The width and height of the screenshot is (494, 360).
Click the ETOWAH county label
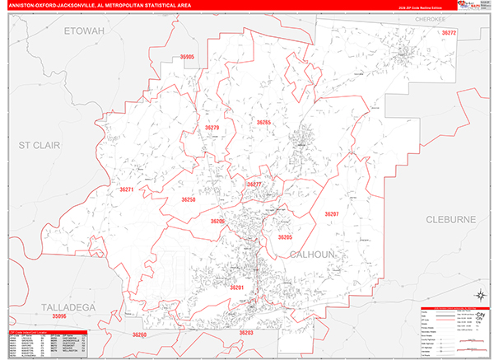85,31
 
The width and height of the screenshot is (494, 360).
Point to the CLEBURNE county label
450,219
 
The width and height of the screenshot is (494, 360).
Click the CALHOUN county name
313,255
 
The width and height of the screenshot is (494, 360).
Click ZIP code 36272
448,32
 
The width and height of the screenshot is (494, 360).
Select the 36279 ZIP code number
212,129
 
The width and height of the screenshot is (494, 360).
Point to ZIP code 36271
126,189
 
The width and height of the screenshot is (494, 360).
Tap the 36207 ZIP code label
331,214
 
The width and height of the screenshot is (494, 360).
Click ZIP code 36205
285,237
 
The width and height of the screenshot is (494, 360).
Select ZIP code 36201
237,288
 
